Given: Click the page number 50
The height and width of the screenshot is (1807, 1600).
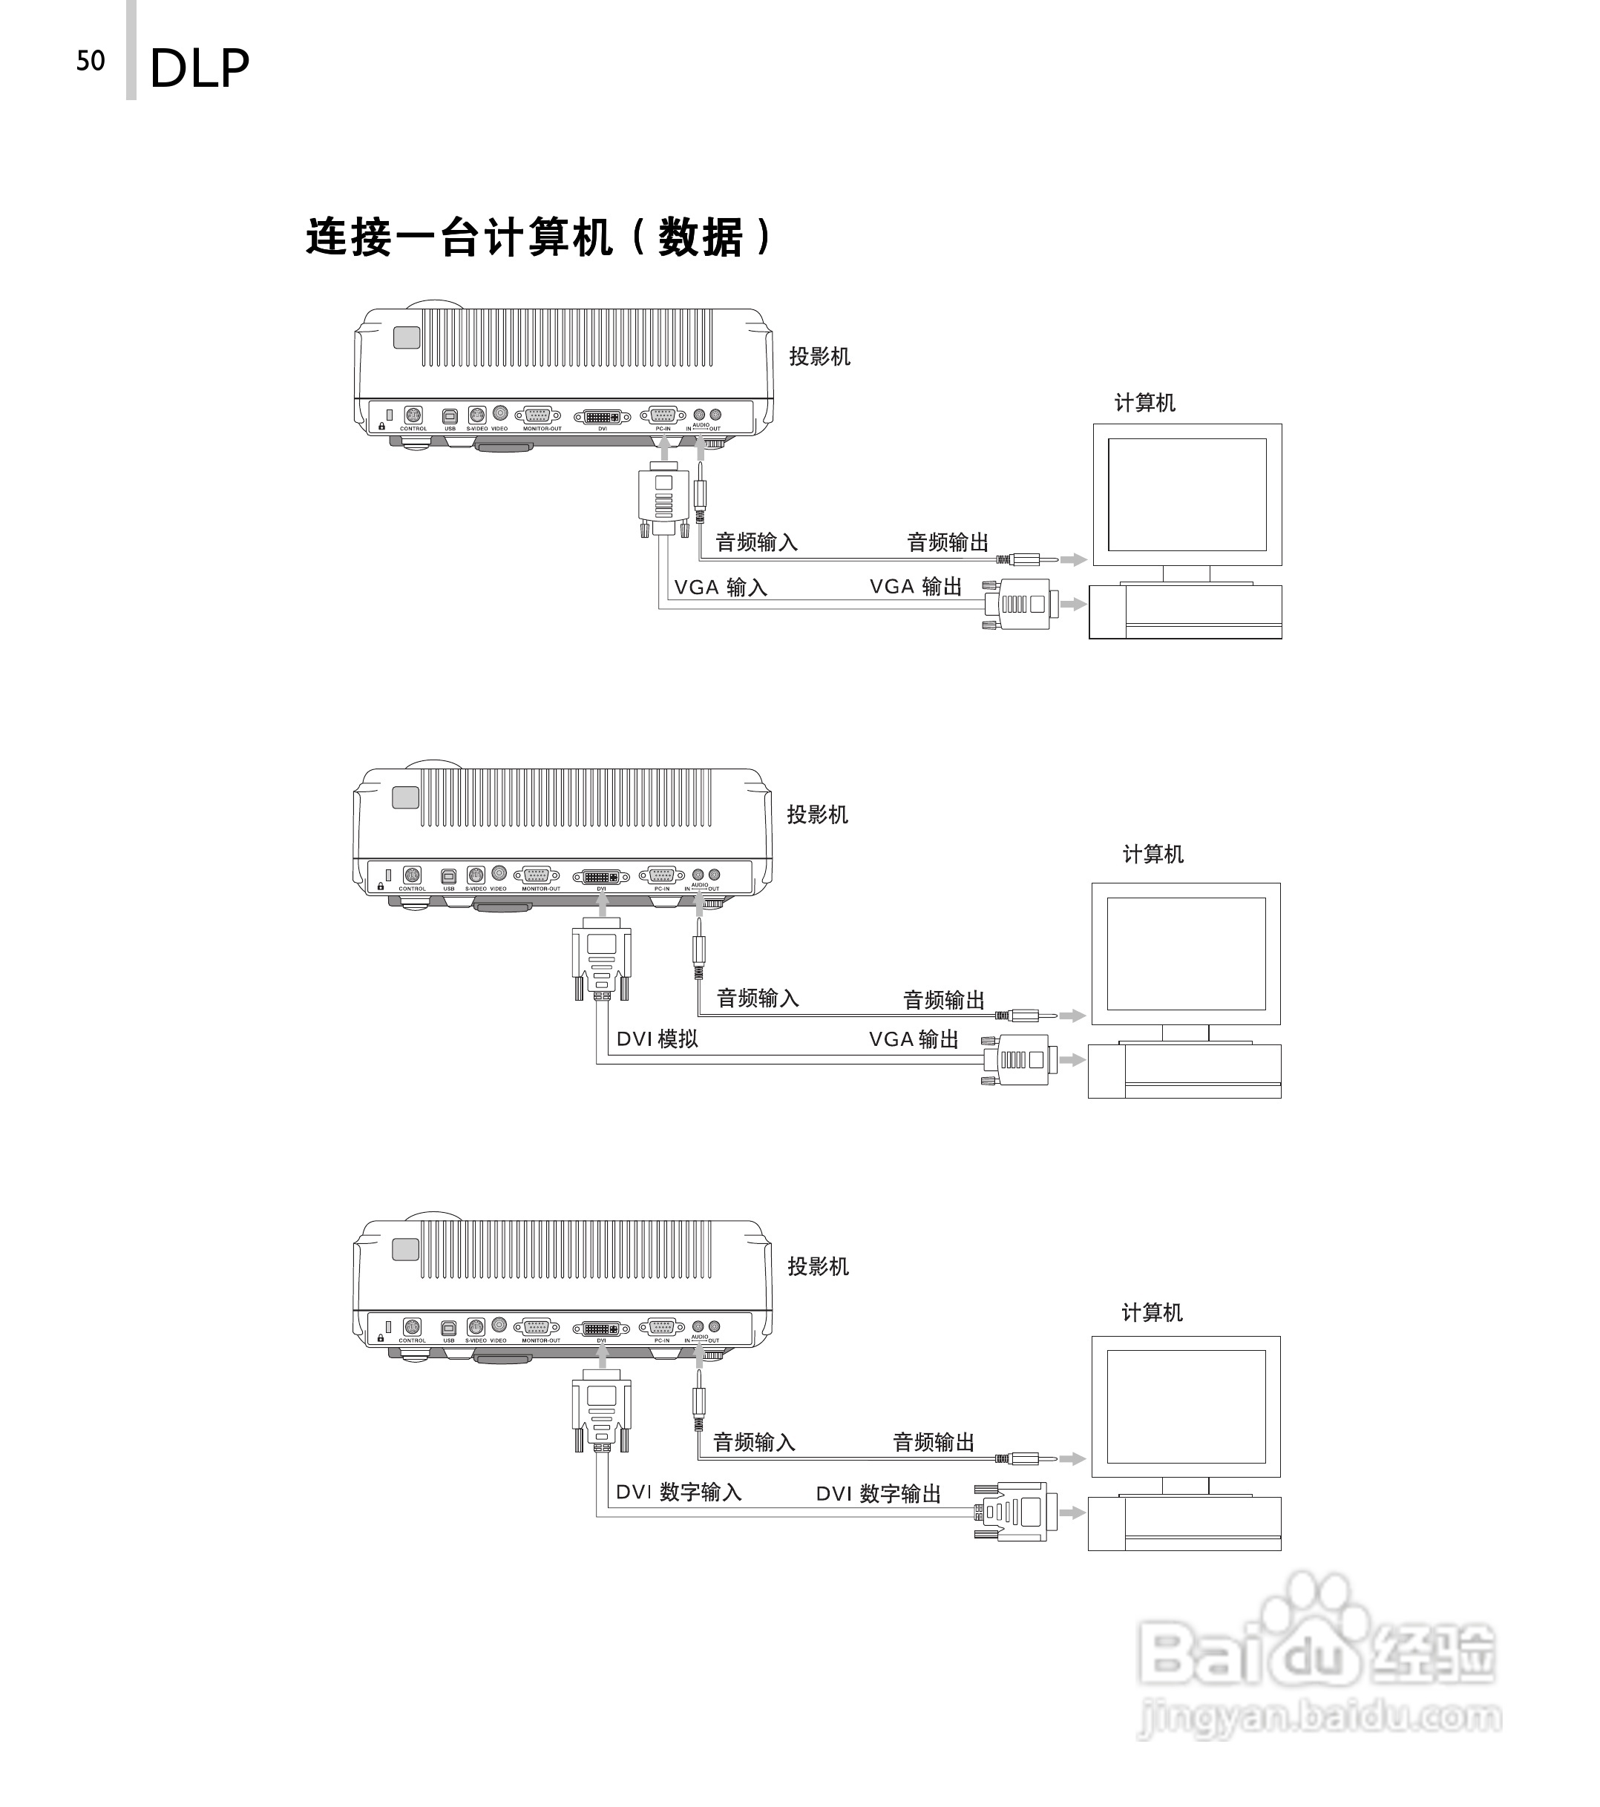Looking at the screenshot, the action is (91, 61).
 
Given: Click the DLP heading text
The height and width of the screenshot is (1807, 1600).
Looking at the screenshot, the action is (200, 69).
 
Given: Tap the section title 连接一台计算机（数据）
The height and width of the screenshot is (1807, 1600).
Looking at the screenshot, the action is (539, 237).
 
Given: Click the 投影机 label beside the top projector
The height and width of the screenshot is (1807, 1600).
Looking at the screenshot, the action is (819, 356).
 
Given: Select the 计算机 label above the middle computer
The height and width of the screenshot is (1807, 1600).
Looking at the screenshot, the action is (1153, 854).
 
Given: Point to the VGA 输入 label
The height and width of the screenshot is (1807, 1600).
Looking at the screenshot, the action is (720, 587).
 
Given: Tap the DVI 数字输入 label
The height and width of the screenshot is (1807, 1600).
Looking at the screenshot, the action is (678, 1492).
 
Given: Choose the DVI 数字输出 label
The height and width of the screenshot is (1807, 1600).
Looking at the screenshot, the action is (878, 1494).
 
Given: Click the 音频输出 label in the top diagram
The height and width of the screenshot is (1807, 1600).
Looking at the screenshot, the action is (947, 542).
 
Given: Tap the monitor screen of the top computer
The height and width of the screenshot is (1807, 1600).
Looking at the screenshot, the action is (1187, 494).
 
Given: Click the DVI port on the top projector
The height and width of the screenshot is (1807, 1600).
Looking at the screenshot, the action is (603, 415).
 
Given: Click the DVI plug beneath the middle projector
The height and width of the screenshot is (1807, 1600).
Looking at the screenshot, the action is (601, 959).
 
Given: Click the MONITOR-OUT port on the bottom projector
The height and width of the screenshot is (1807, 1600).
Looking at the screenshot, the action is (536, 1327).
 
